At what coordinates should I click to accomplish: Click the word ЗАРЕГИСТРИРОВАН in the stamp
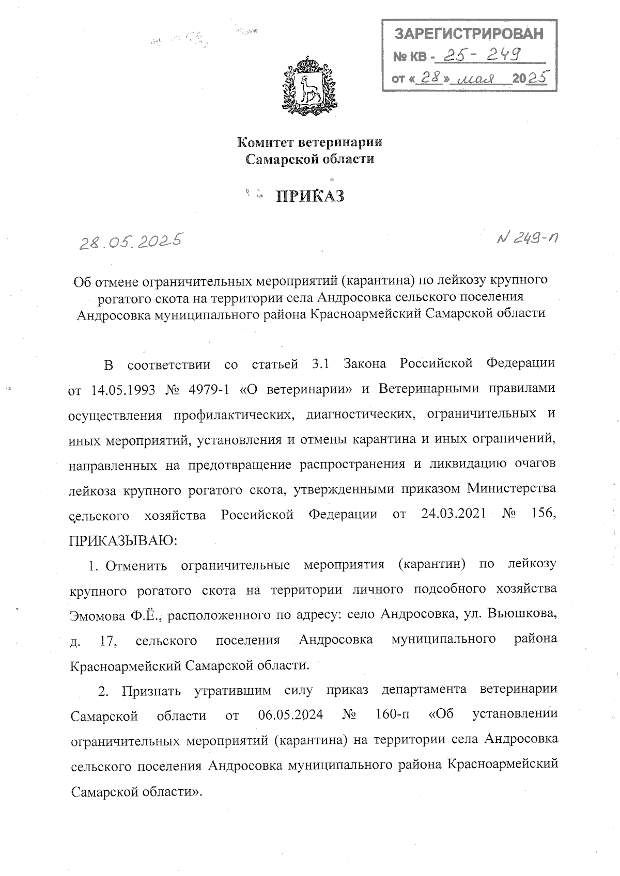point(469,34)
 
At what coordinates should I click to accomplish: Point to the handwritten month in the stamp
point(478,79)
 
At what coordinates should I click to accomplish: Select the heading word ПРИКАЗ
point(310,196)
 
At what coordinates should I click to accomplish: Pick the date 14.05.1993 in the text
point(120,389)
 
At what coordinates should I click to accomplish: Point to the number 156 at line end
point(542,515)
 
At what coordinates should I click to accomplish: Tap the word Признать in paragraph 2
point(149,691)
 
